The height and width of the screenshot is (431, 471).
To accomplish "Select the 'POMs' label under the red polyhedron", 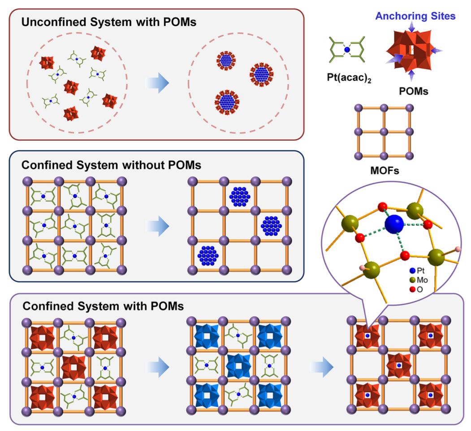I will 414,91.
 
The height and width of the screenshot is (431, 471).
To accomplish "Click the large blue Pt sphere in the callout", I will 395,223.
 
